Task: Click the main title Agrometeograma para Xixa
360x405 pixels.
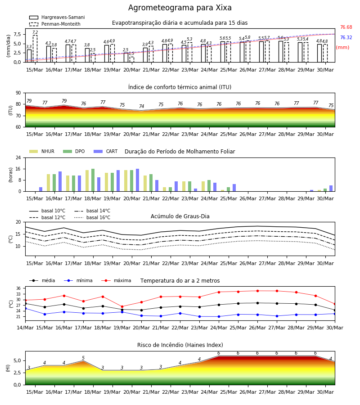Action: pyautogui.click(x=180, y=8)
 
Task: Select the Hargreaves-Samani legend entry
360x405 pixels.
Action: pyautogui.click(x=57, y=17)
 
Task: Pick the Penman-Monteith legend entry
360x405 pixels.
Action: pyautogui.click(x=55, y=24)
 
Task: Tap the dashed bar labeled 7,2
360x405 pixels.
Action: pyautogui.click(x=35, y=49)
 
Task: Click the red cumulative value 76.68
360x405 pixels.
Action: pyautogui.click(x=346, y=27)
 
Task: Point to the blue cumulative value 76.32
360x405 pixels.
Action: pyautogui.click(x=346, y=37)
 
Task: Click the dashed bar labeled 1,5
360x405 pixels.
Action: pyautogui.click(x=132, y=59)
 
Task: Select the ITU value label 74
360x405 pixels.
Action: pyautogui.click(x=141, y=106)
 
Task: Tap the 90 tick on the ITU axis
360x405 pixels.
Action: pyautogui.click(x=18, y=93)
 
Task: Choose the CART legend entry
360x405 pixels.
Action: pyautogui.click(x=106, y=151)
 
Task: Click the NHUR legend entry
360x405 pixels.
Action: pyautogui.click(x=42, y=151)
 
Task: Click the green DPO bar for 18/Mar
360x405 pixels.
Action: pyautogui.click(x=93, y=180)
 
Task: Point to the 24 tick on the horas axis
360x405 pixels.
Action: pyautogui.click(x=18, y=157)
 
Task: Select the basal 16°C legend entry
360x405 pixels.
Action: pyautogui.click(x=92, y=217)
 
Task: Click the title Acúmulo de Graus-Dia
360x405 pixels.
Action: pyautogui.click(x=180, y=216)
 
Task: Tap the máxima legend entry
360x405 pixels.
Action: pyautogui.click(x=116, y=280)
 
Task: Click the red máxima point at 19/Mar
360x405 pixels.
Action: pyautogui.click(x=122, y=306)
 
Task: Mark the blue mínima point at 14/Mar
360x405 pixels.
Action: pyautogui.click(x=25, y=308)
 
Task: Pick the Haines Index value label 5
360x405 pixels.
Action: pyautogui.click(x=83, y=358)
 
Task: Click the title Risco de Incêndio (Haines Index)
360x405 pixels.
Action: pyautogui.click(x=180, y=345)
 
